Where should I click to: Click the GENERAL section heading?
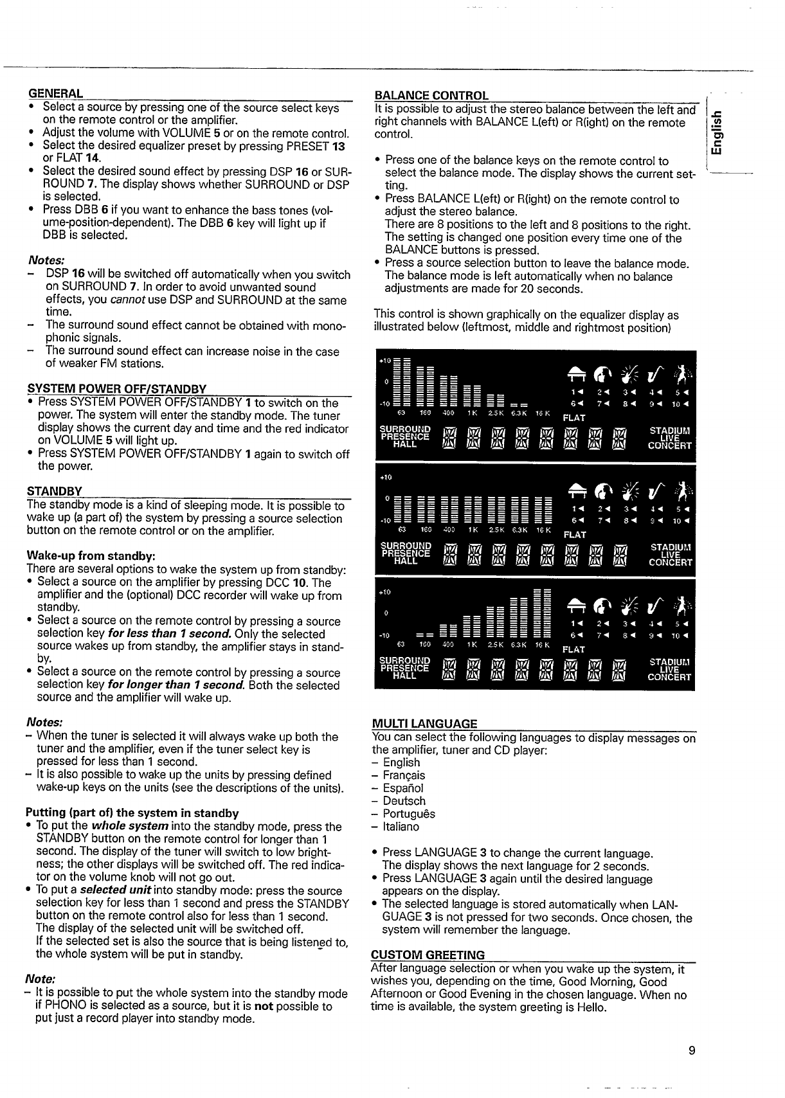click(x=55, y=93)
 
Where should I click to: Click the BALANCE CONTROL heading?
click(x=431, y=96)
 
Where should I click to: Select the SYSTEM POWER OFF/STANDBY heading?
click(x=116, y=389)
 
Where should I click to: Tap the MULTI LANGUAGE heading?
click(x=424, y=723)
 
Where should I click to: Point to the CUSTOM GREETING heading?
click(x=428, y=955)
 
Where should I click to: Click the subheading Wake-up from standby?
click(x=91, y=555)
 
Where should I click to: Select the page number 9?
click(x=691, y=1051)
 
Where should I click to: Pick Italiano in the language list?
click(x=401, y=827)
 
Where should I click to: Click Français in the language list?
click(x=403, y=775)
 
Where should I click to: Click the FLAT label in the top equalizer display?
click(x=573, y=418)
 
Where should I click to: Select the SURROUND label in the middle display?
click(x=405, y=546)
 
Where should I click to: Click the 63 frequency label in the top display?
click(x=402, y=412)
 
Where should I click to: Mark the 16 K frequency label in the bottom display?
click(x=545, y=643)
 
